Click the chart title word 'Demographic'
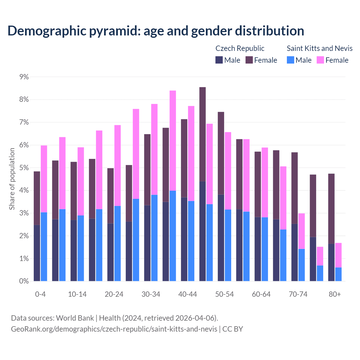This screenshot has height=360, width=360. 46,31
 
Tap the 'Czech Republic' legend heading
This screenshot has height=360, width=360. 240,48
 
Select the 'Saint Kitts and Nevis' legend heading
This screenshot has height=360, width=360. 319,48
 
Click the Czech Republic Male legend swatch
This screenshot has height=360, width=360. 219,60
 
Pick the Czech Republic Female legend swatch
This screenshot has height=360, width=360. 249,60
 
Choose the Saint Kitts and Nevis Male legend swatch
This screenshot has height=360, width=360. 291,60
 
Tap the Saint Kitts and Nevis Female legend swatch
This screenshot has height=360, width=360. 320,60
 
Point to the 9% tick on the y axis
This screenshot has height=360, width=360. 24,77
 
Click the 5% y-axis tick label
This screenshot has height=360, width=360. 24,168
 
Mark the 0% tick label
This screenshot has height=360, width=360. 24,281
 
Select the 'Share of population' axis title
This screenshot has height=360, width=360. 12,179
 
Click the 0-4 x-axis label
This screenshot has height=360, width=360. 40,294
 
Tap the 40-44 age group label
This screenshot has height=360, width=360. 188,294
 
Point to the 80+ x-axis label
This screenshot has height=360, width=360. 335,294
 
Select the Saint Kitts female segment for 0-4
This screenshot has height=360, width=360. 44,179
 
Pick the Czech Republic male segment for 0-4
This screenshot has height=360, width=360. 37,253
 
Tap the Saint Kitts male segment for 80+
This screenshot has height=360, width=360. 338,274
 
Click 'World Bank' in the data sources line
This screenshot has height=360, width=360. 75,318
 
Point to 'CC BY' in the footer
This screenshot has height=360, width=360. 233,329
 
